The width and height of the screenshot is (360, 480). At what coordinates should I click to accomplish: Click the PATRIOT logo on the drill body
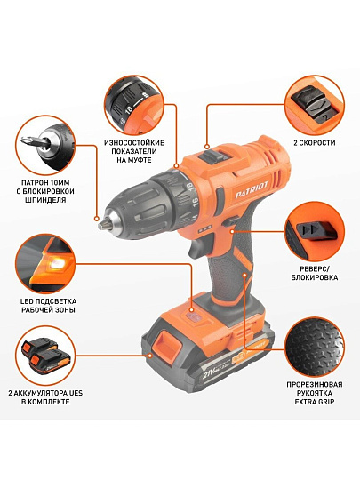click(252, 190)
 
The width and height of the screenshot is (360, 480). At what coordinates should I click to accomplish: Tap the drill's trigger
click(199, 247)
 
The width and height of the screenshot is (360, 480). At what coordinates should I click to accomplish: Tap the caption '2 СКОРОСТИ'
click(315, 142)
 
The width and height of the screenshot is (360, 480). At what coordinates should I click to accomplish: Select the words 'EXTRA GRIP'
click(315, 401)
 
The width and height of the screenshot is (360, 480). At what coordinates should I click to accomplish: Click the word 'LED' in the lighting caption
click(27, 301)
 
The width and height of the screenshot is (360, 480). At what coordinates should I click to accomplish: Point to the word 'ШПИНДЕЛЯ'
click(45, 200)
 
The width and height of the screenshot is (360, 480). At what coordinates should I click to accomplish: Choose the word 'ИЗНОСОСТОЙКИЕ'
click(134, 143)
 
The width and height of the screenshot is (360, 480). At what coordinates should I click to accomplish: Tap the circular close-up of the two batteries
click(45, 355)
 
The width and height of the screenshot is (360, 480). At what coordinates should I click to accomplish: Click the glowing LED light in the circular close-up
click(58, 262)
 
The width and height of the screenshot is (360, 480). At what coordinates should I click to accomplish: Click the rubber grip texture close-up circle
click(315, 348)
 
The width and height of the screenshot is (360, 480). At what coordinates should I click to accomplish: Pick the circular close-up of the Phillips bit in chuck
click(45, 145)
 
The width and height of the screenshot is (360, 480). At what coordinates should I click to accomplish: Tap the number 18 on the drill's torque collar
click(190, 187)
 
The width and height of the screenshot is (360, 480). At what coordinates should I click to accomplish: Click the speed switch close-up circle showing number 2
click(315, 105)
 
